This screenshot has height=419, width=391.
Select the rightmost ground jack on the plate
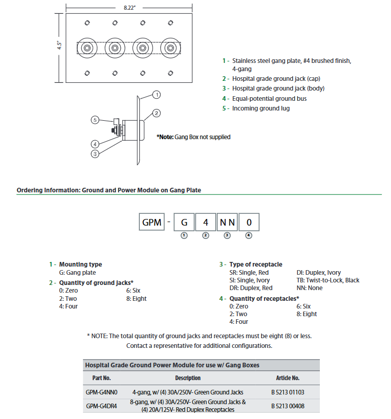coord(168,48)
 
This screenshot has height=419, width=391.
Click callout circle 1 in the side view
coord(157,94)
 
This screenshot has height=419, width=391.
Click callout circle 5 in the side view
coord(95,120)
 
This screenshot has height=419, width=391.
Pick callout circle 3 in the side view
coord(95,153)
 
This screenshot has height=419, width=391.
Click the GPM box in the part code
coord(151,223)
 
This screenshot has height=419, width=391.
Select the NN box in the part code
coord(227,223)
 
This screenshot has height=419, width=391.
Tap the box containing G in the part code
coord(184,223)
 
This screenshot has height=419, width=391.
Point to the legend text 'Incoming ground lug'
coord(261,108)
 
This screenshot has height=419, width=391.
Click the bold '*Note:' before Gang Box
coord(165,137)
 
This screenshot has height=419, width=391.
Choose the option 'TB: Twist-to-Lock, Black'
coord(328,280)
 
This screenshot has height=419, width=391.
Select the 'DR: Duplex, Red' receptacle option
coord(251,288)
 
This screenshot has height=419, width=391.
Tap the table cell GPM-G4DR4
coord(102,406)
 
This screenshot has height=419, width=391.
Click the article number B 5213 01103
coord(288,392)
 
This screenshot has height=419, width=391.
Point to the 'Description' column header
coord(188,378)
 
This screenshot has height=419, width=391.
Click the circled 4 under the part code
coord(249,235)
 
